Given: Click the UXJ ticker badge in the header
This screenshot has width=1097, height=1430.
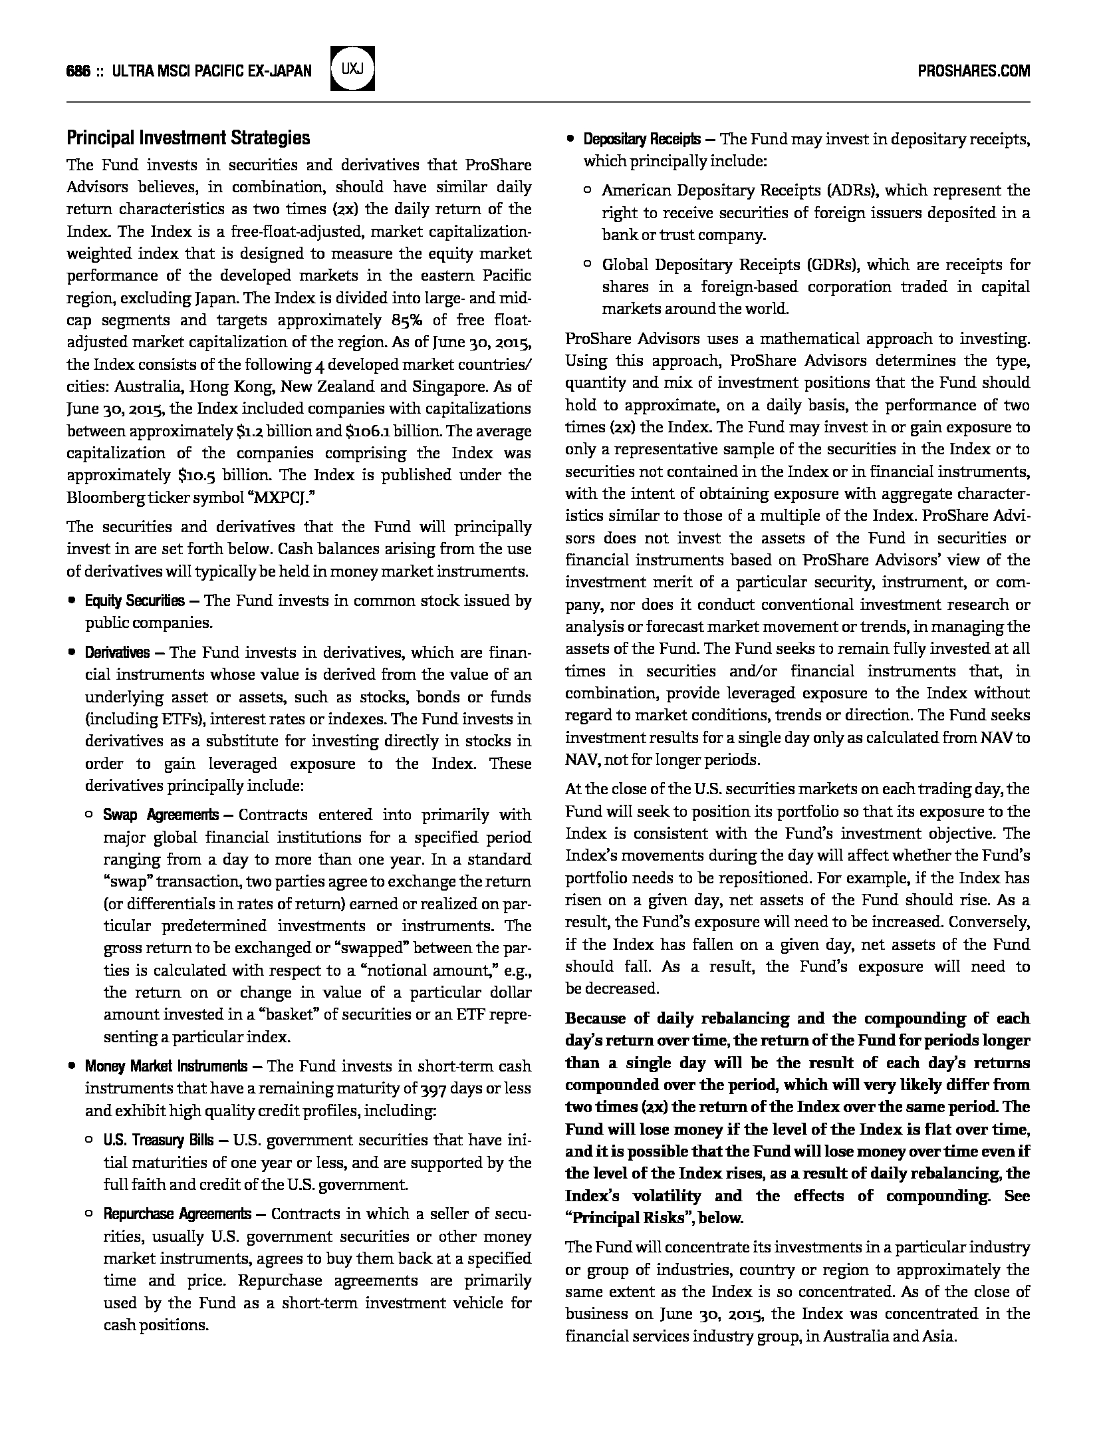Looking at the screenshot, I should (352, 69).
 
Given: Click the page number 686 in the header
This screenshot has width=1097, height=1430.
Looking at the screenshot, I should (78, 71).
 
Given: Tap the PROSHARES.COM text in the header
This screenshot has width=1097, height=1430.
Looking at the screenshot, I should (973, 71).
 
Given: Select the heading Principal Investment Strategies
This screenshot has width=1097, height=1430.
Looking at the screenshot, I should (188, 138).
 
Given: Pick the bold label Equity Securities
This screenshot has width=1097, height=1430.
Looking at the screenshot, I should (134, 601).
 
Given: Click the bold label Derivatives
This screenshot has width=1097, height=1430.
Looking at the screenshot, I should (117, 653).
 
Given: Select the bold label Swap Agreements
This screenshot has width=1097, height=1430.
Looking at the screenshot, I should (160, 815).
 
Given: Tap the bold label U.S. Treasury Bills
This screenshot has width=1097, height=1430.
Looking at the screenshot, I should (158, 1141).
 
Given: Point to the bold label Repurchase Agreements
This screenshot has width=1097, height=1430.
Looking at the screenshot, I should (177, 1215).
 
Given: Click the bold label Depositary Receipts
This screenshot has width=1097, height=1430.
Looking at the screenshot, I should (642, 140).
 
